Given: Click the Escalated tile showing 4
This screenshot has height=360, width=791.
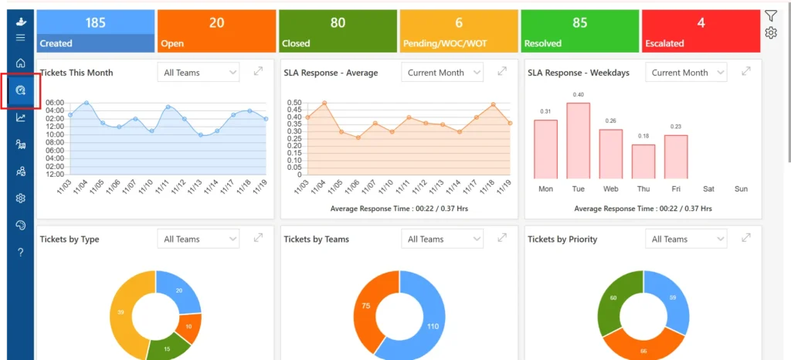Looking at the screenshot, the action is click(x=701, y=31).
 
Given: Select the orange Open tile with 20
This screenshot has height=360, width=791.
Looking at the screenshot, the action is click(x=216, y=31).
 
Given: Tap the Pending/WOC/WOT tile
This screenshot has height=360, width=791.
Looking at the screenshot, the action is click(x=459, y=31).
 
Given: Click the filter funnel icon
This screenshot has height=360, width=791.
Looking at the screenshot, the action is click(x=770, y=16).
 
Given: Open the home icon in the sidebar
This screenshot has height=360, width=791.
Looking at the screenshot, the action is click(x=21, y=63).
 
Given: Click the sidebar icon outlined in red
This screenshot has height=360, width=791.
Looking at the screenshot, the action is click(x=21, y=90).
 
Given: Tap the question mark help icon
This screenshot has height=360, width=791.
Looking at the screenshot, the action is click(x=21, y=253).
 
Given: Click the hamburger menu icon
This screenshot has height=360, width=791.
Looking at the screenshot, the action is click(x=21, y=37).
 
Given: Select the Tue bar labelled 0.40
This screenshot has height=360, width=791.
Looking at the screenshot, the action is click(x=578, y=141).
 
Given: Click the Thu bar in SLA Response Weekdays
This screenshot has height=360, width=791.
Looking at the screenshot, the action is click(x=643, y=161).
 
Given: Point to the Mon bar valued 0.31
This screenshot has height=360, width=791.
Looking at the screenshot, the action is click(x=546, y=149).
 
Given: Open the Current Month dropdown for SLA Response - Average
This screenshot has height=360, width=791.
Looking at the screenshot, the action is click(x=443, y=73).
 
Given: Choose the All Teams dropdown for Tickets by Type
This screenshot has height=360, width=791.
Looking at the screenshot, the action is click(x=199, y=239).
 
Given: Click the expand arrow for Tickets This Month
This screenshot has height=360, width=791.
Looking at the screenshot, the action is click(x=258, y=72).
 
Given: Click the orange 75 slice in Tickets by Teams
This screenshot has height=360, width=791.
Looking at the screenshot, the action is click(x=365, y=307).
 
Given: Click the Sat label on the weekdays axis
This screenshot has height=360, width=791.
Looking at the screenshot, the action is click(x=709, y=189).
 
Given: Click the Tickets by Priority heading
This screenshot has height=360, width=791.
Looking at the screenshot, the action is click(x=562, y=239).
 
